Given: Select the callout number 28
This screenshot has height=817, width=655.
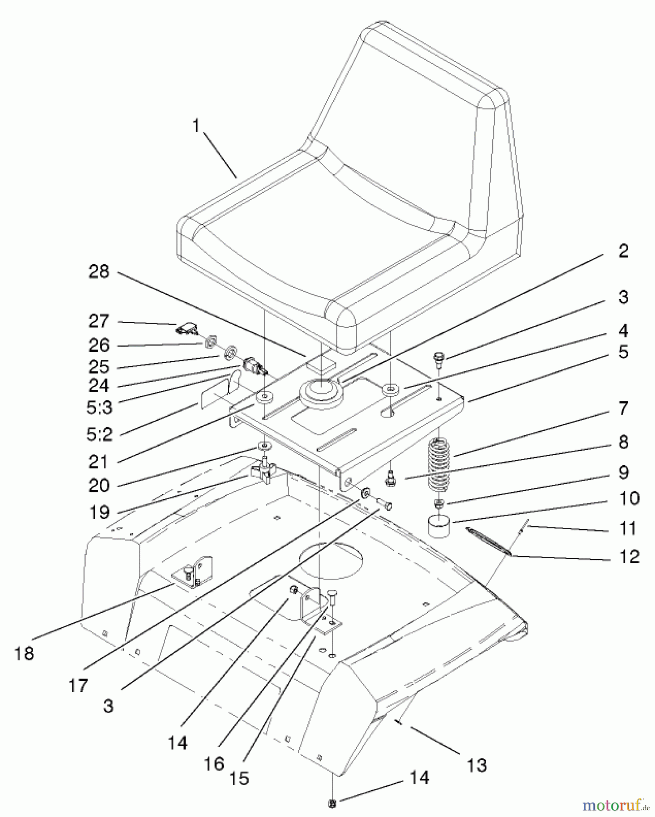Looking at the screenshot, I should [99, 271].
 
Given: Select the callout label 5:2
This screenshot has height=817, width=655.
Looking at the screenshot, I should [99, 434].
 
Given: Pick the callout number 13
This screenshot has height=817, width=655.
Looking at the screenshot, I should [476, 764].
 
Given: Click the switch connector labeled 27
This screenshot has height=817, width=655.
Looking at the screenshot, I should [187, 328].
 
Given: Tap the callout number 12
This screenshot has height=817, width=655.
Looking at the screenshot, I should [629, 557].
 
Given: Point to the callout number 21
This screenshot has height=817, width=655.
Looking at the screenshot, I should [99, 462].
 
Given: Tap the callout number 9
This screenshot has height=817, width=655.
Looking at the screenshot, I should [623, 472].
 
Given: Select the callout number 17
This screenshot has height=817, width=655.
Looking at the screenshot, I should [78, 685].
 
